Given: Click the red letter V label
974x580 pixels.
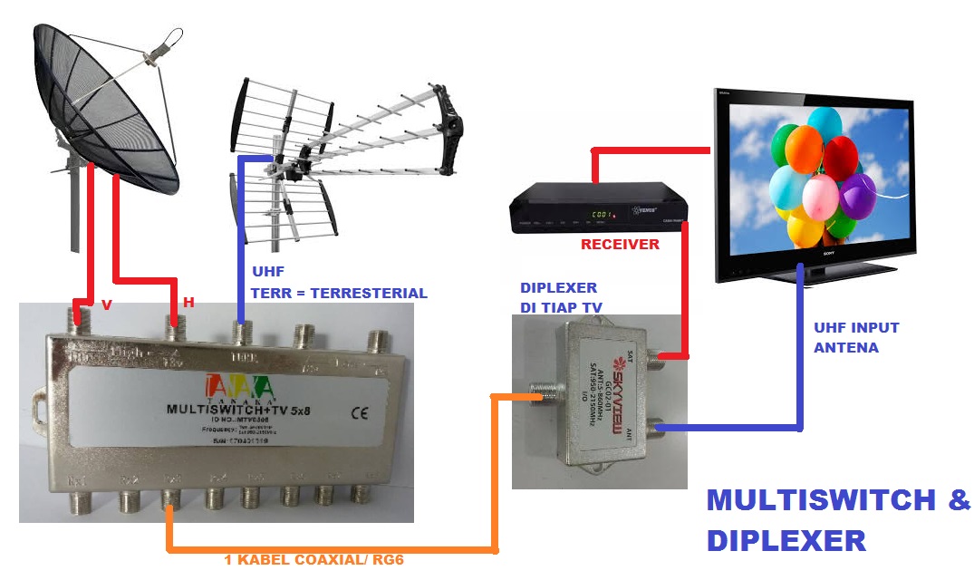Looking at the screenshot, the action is point(107,305).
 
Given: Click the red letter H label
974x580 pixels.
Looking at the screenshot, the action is point(188,303).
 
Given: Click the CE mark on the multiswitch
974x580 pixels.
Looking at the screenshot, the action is point(360,411).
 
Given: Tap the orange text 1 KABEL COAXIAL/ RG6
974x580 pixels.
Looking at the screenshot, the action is point(313,560).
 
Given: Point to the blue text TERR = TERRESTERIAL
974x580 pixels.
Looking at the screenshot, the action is point(338,293).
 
